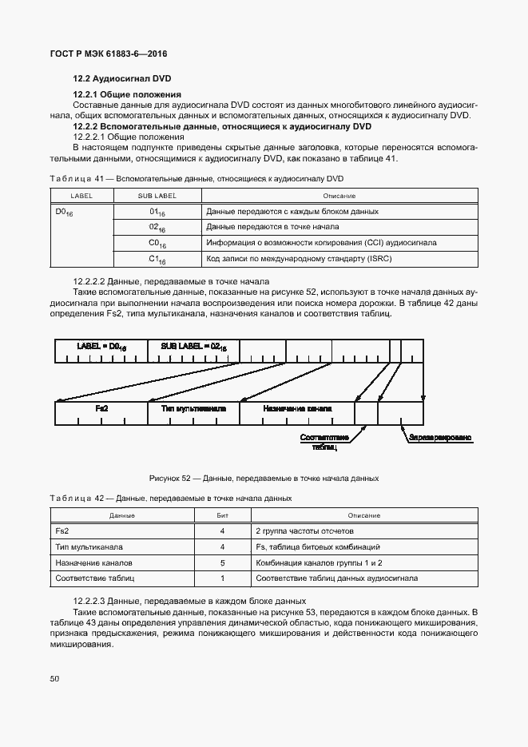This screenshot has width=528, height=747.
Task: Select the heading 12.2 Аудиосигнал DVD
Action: point(122,78)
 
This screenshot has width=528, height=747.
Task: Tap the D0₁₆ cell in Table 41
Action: point(65,213)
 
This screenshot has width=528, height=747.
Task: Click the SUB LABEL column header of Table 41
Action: point(157,196)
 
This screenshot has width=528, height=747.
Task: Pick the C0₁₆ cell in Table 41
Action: point(157,243)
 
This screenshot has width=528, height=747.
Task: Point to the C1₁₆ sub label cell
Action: point(157,259)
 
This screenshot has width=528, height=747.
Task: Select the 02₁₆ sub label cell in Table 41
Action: point(157,228)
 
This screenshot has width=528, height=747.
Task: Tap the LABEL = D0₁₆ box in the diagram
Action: point(101,347)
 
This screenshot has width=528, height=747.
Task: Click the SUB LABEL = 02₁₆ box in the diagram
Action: point(194,347)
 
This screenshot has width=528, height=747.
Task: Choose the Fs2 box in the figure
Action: point(101,408)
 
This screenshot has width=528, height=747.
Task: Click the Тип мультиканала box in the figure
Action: point(194,408)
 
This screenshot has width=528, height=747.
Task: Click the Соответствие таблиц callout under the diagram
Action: point(324,443)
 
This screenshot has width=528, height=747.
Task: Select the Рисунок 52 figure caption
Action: point(264,478)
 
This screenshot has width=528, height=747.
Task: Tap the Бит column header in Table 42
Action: point(223,515)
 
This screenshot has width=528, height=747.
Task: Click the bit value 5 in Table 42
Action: point(223,562)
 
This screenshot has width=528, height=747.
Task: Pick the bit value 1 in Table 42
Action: point(223,578)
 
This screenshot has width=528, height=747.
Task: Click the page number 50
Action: point(54,679)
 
